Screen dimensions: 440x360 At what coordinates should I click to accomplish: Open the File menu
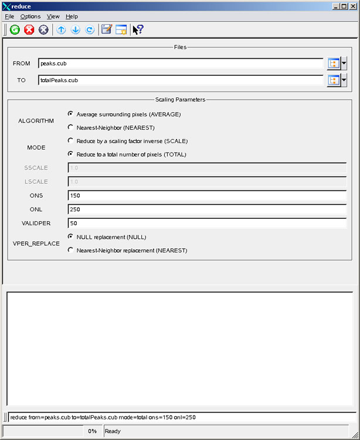click(x=9, y=16)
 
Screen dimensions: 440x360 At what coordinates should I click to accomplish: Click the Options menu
click(x=30, y=16)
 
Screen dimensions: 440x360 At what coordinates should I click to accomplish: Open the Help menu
click(x=72, y=16)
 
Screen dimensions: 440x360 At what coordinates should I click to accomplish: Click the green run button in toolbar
click(x=15, y=29)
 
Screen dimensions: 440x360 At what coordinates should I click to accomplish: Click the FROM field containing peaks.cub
click(x=181, y=63)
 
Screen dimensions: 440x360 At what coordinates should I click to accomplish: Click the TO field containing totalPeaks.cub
click(x=181, y=80)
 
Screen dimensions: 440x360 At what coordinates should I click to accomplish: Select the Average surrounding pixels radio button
click(x=71, y=114)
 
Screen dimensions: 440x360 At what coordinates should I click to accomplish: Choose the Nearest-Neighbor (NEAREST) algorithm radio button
click(x=71, y=127)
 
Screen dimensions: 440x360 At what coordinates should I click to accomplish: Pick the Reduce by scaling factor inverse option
click(x=71, y=141)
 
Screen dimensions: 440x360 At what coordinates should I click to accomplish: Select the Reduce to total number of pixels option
click(x=71, y=154)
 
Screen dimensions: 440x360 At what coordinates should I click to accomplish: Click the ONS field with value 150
click(x=207, y=195)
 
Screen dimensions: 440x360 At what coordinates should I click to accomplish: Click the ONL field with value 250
click(x=207, y=209)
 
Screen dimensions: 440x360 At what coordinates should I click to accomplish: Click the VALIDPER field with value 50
click(x=207, y=223)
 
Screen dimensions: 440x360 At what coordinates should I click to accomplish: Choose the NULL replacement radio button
click(x=71, y=236)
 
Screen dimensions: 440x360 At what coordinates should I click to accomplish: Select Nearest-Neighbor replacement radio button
click(x=71, y=250)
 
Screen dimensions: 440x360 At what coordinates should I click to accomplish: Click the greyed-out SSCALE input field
click(x=207, y=168)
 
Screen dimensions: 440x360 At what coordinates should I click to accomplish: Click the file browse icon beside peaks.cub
click(x=334, y=63)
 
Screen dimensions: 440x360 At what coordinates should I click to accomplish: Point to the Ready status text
click(x=113, y=431)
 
